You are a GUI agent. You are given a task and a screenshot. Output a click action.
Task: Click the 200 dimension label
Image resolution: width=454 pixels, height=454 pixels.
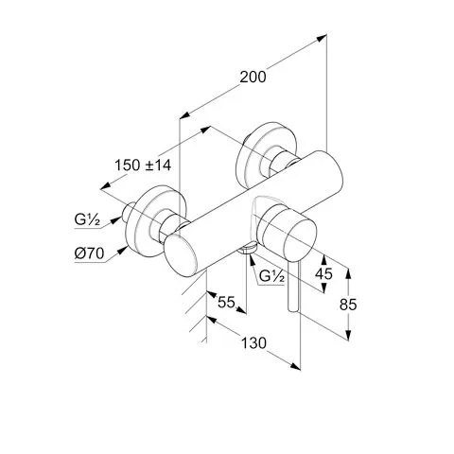(x=253, y=77)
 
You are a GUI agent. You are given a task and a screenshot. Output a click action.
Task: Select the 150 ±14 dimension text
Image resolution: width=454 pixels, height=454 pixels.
(x=143, y=165)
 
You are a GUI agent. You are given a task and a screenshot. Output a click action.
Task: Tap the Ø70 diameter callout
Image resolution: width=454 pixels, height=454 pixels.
(x=89, y=253)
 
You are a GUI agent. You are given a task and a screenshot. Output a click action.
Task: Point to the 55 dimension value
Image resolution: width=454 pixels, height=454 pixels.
(x=226, y=303)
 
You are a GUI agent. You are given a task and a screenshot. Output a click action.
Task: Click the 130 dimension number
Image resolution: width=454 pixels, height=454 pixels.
(x=253, y=343)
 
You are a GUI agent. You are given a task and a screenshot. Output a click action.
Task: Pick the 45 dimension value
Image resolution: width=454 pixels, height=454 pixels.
(x=323, y=273)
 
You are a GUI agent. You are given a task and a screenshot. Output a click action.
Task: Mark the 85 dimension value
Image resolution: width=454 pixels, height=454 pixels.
(x=348, y=305)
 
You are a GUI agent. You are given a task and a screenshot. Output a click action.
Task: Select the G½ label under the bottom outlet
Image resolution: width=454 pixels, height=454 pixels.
(x=271, y=276)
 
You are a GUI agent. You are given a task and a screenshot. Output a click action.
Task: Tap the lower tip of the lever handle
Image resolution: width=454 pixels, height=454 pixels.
(x=293, y=309)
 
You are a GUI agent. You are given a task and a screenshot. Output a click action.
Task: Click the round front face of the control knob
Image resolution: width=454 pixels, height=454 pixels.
(x=300, y=236)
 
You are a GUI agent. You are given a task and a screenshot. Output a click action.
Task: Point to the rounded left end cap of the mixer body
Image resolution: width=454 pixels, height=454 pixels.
(x=181, y=255)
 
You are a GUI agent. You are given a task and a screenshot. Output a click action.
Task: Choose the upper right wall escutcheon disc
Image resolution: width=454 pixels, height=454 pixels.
(x=267, y=155)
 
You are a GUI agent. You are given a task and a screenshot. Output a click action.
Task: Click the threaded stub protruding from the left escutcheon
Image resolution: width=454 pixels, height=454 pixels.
(x=130, y=212)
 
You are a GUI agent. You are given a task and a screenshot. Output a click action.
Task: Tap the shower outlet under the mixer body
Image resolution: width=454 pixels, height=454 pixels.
(x=248, y=248)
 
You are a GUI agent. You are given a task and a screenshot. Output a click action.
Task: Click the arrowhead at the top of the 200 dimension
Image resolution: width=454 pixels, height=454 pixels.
(x=322, y=38)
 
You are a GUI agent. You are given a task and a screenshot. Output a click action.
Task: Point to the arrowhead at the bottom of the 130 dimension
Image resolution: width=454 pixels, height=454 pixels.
(x=296, y=366)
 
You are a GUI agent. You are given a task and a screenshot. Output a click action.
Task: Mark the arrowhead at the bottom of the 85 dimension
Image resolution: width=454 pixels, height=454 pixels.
(x=348, y=335)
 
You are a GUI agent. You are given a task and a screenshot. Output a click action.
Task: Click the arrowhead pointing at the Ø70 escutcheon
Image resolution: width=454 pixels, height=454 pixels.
(x=123, y=251)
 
